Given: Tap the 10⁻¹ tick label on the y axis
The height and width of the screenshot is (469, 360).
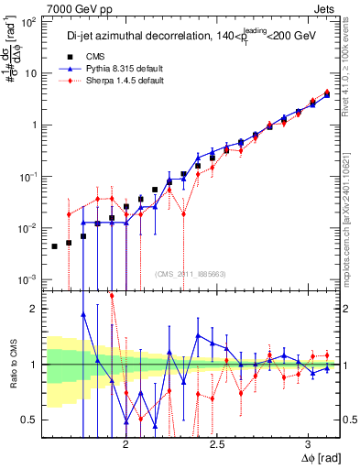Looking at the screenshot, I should click(28, 177).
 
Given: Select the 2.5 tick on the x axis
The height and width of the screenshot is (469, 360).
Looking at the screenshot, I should click(217, 442).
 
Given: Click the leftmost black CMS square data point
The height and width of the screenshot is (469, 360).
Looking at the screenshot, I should click(54, 246).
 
